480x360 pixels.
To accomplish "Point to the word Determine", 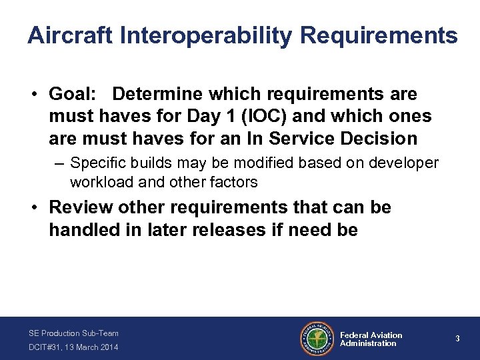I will pyautogui.click(x=160, y=95).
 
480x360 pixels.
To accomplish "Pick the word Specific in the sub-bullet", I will pyautogui.click(x=94, y=163).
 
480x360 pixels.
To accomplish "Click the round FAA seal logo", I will pyautogui.click(x=317, y=339).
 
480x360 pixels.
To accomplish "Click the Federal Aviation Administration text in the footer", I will pyautogui.click(x=371, y=339).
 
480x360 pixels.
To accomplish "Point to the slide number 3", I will pyautogui.click(x=457, y=339).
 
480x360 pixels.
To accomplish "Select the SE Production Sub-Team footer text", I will pyautogui.click(x=73, y=333).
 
